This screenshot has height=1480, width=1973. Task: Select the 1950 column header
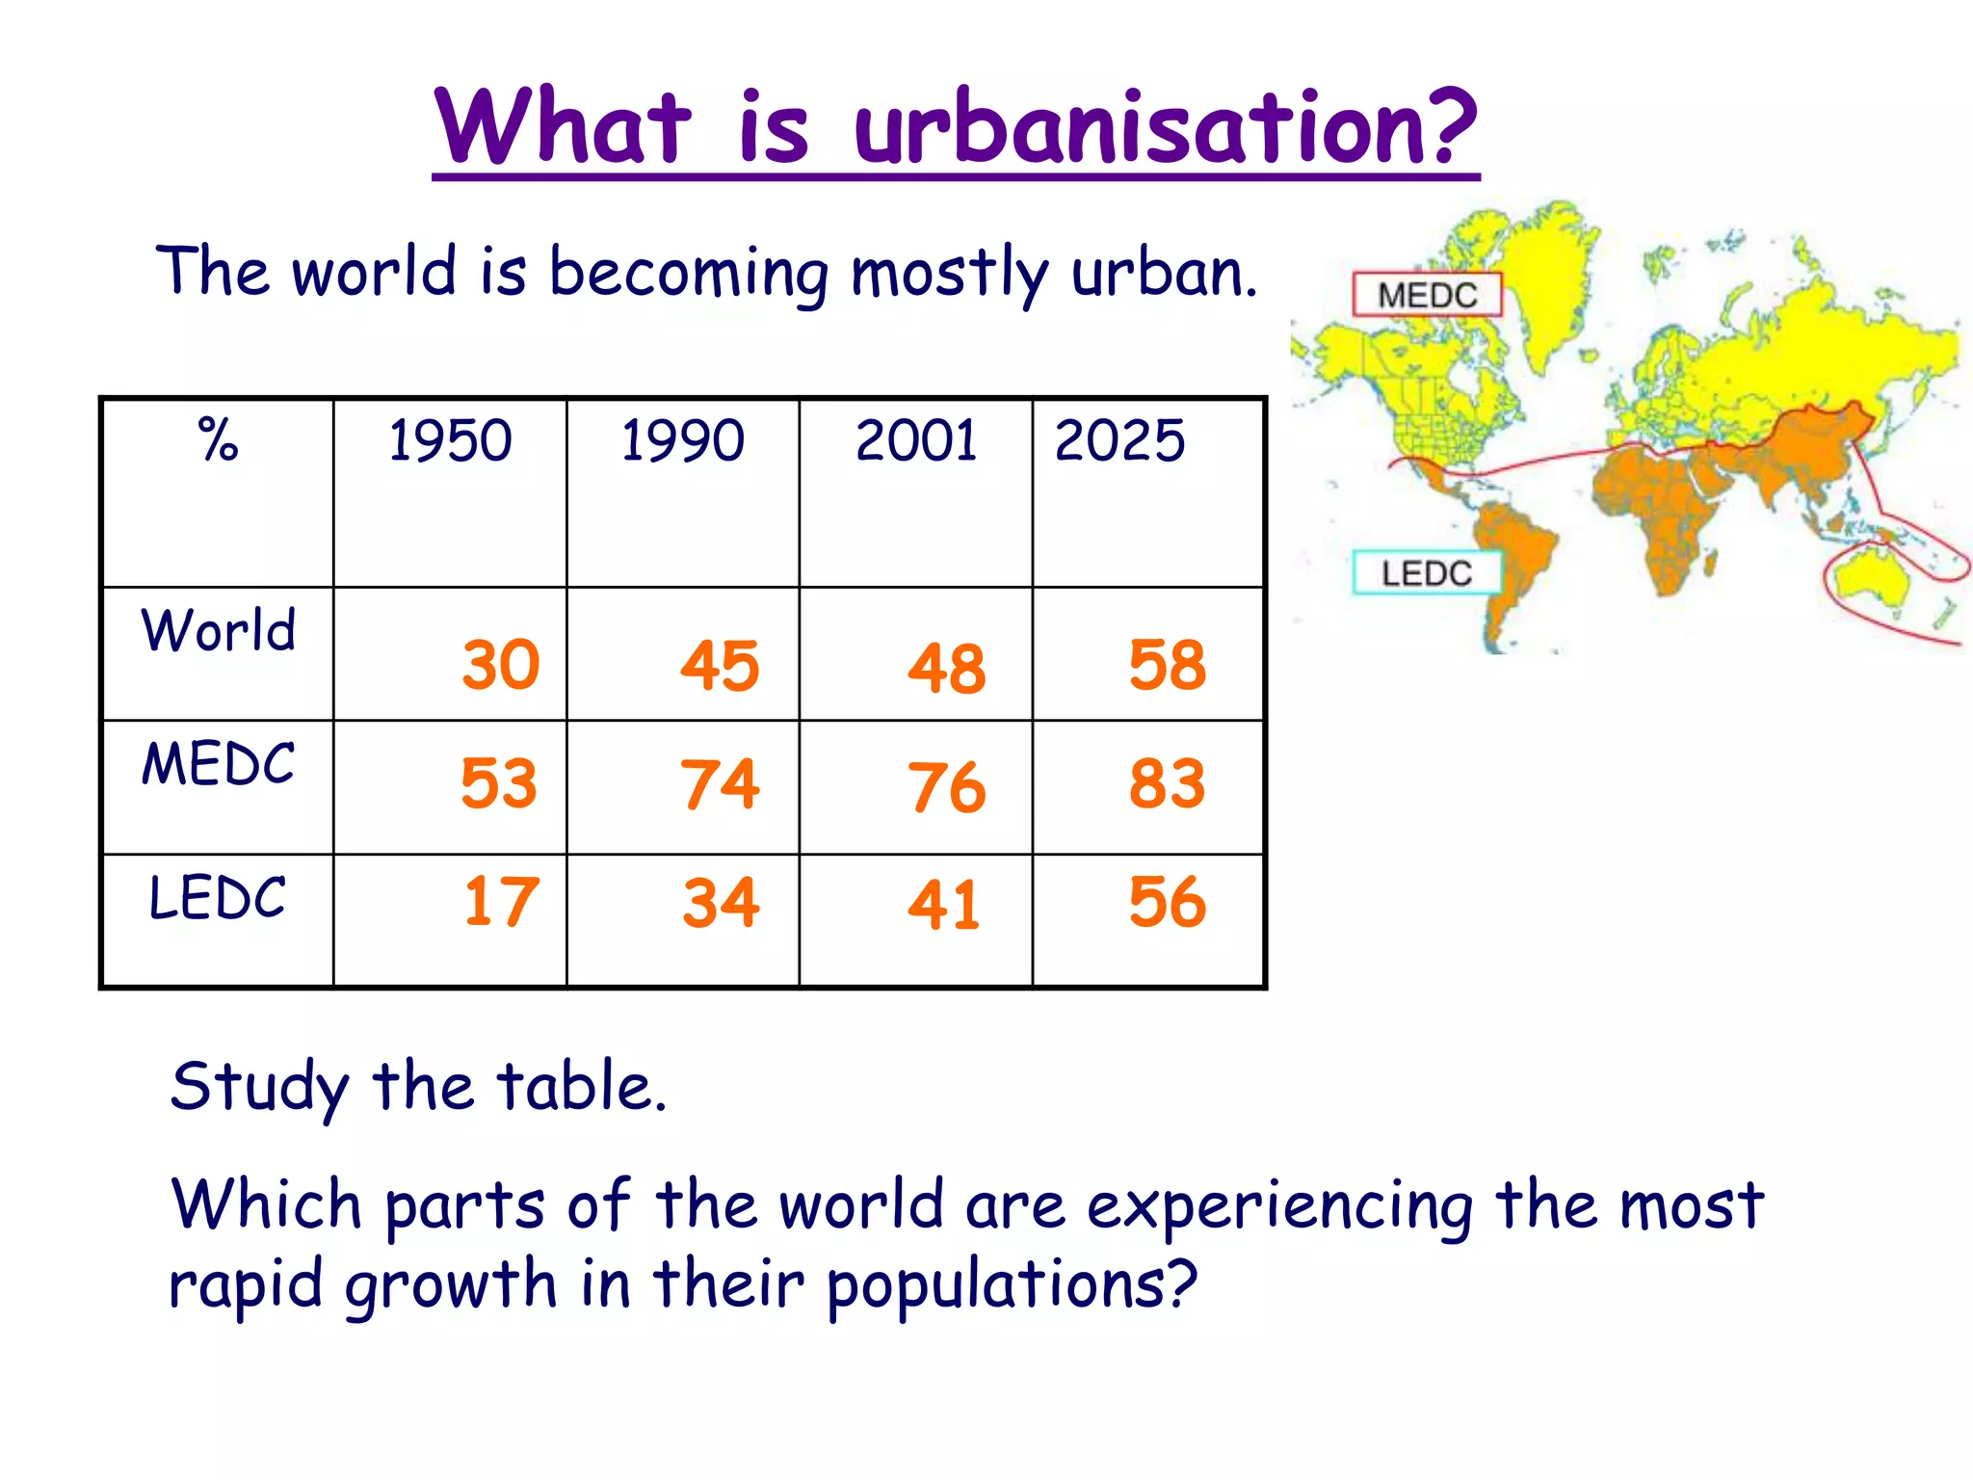click(x=450, y=440)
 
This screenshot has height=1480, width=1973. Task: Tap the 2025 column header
click(x=1119, y=440)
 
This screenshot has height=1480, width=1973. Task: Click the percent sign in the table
click(x=218, y=440)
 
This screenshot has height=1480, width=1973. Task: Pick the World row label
click(x=219, y=630)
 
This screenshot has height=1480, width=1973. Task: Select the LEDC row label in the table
click(x=218, y=898)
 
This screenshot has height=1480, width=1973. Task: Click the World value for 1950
click(x=501, y=665)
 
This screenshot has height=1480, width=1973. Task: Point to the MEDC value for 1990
click(x=720, y=784)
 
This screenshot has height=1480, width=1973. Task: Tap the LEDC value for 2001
click(x=944, y=906)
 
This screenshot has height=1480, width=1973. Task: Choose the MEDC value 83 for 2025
click(x=1168, y=784)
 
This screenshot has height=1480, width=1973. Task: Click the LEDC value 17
click(x=501, y=903)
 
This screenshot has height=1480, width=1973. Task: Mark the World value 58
click(x=1168, y=665)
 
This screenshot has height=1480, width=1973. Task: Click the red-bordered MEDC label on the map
click(x=1427, y=295)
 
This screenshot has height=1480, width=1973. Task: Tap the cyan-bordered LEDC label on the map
click(x=1427, y=573)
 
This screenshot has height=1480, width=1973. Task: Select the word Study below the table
click(x=259, y=1087)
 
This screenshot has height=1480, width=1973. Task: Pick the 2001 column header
click(x=916, y=440)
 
